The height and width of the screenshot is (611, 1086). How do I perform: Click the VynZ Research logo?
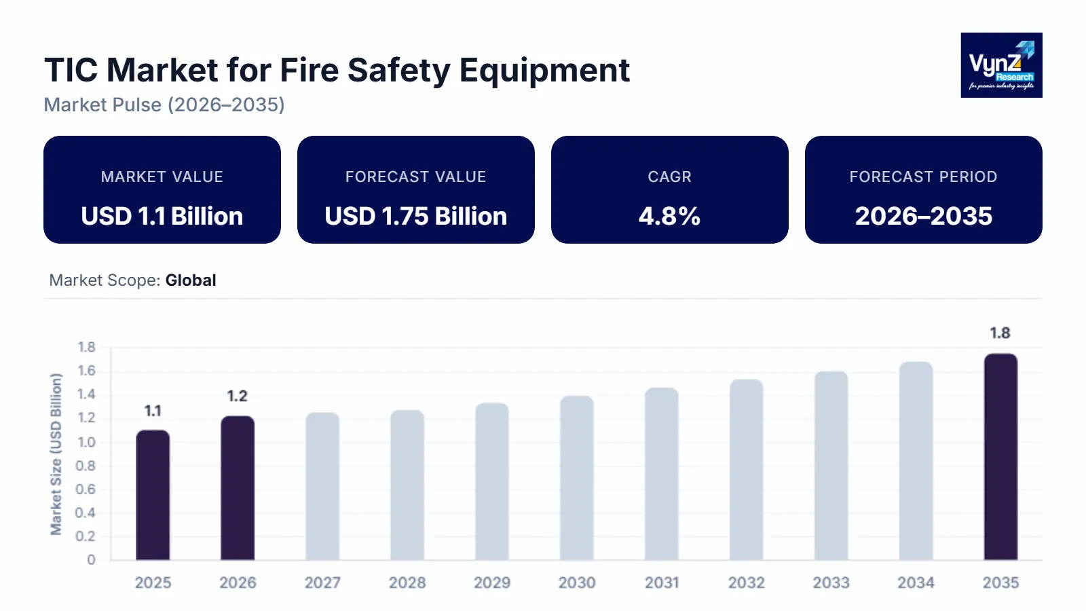pyautogui.click(x=1001, y=65)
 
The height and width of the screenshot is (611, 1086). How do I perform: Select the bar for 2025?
pyautogui.click(x=153, y=495)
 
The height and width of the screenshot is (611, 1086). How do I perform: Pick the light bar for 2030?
pyautogui.click(x=577, y=478)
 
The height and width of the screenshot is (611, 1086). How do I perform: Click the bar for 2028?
pyautogui.click(x=407, y=485)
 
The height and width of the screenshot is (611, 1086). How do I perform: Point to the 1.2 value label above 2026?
pyautogui.click(x=237, y=396)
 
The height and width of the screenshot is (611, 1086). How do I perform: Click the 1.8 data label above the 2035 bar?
pyautogui.click(x=1000, y=333)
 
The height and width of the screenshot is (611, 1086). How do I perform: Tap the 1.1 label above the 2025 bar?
pyautogui.click(x=153, y=411)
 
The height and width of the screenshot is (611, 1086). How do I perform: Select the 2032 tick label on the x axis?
pyautogui.click(x=746, y=582)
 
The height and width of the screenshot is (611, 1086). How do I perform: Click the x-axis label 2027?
pyautogui.click(x=322, y=582)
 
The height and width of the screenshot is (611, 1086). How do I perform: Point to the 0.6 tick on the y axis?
pyautogui.click(x=86, y=489)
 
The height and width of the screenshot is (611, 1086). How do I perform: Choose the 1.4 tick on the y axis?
pyautogui.click(x=86, y=394)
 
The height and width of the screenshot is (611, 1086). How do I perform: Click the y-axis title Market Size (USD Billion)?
pyautogui.click(x=56, y=453)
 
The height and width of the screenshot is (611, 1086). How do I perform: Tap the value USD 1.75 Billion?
pyautogui.click(x=415, y=216)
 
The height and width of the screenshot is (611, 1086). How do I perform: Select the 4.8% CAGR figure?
pyautogui.click(x=669, y=216)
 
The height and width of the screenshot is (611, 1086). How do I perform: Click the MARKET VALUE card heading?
pyautogui.click(x=162, y=177)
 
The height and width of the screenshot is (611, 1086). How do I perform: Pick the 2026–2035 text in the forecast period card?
pyautogui.click(x=923, y=216)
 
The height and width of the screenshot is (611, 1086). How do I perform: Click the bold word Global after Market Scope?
pyautogui.click(x=191, y=280)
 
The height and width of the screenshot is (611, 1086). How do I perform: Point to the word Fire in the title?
pyautogui.click(x=310, y=70)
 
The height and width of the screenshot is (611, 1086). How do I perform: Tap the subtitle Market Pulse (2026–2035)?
pyautogui.click(x=164, y=105)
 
